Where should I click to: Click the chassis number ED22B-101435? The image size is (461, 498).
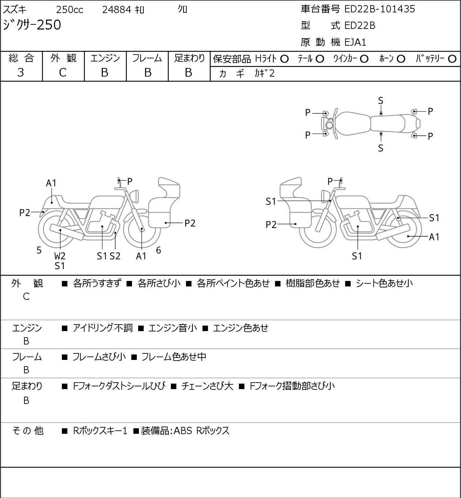pos(380,9)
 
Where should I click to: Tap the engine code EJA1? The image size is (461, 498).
pos(355,42)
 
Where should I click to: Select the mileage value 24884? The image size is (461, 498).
pos(117,10)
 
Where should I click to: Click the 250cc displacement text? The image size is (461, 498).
pos(69,10)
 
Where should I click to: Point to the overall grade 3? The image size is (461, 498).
pos(21,73)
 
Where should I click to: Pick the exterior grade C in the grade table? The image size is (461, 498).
pos(63,73)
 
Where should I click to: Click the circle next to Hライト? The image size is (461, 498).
pos(284,59)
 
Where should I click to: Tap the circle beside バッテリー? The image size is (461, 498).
pos(452,59)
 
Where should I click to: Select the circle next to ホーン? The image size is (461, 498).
pos(401,59)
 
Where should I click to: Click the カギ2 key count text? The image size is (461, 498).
pos(265,73)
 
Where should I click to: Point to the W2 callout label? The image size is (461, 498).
pos(60,256)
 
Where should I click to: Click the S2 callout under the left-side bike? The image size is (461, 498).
pos(115,256)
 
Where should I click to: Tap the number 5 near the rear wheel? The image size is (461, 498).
pos(39,250)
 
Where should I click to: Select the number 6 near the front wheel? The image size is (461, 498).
pos(158,250)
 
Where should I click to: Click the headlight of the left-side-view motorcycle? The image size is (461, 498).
pos(134,196)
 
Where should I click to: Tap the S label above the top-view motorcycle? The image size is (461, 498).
pos(381,101)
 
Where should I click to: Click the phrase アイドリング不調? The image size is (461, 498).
pos(102,328)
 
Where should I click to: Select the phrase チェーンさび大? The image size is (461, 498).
pos(207,386)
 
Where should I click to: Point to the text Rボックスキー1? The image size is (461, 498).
pos(100,431)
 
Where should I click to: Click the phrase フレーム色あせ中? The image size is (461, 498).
pos(174,356)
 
